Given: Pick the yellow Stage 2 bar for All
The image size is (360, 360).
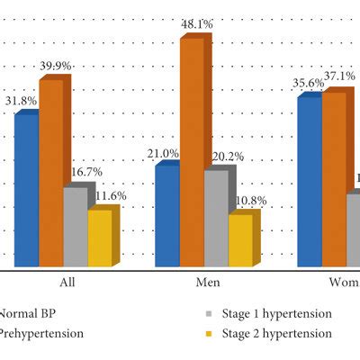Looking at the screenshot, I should point(100,238).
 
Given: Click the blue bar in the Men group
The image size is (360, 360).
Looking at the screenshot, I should point(166,216).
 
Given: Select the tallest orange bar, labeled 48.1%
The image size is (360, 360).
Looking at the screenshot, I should point(192,153).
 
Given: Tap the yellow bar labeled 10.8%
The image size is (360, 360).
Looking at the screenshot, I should point(240,240).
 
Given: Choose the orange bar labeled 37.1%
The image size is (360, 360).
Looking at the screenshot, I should point(333,179).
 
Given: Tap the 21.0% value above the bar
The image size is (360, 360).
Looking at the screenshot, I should point(162,151).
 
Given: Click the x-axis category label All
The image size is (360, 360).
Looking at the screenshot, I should point(67,283).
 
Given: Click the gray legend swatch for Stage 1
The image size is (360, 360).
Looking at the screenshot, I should point(208,314).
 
